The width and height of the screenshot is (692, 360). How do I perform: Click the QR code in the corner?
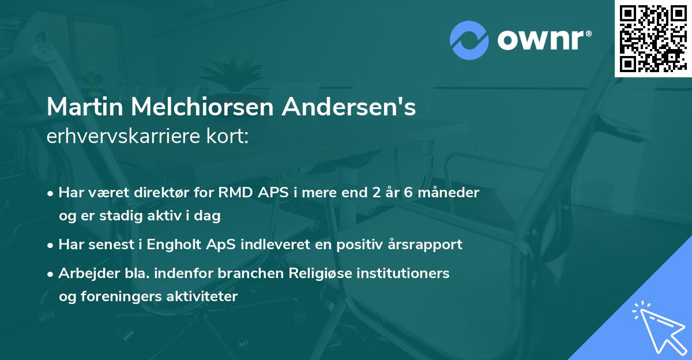pyautogui.click(x=653, y=38)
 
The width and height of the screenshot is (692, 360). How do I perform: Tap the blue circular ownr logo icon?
pyautogui.click(x=469, y=40)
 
